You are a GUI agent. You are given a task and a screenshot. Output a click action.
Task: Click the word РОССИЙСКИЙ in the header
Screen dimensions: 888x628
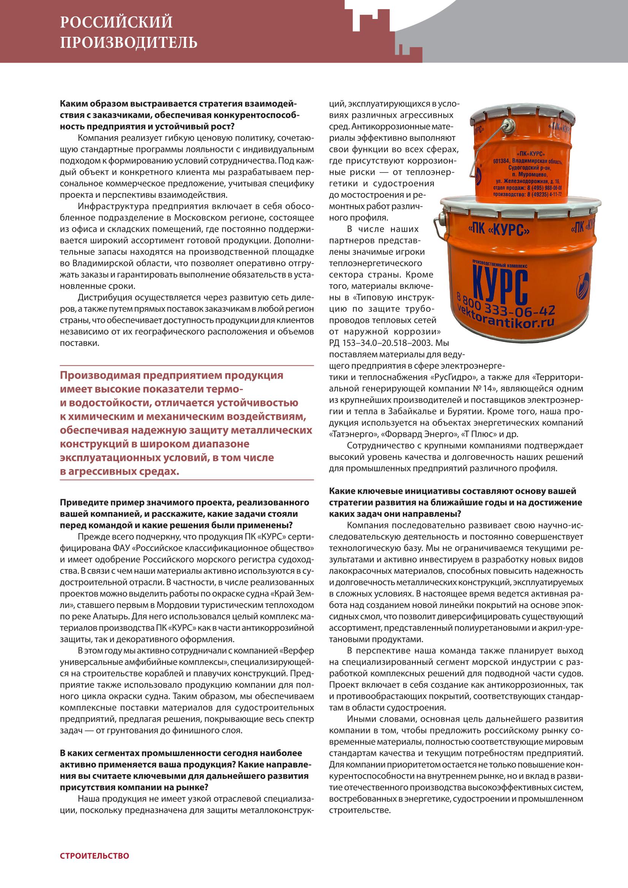pyautogui.click(x=117, y=23)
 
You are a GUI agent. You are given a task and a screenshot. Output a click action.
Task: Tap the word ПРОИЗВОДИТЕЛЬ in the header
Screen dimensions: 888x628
pyautogui.click(x=128, y=42)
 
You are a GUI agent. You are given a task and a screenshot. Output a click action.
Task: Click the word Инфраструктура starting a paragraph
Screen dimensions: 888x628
pyautogui.click(x=109, y=205)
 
